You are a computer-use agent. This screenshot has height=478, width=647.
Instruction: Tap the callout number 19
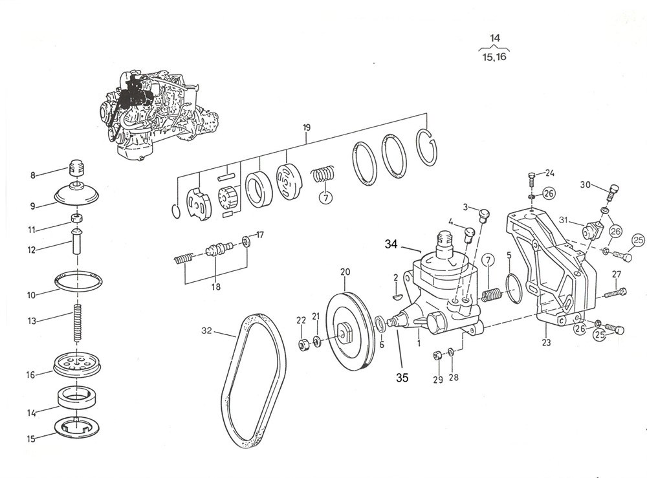306,127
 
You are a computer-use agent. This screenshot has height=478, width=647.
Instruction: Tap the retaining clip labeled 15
76,426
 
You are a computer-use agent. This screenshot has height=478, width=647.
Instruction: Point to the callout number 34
391,244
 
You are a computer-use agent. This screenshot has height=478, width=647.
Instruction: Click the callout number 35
402,377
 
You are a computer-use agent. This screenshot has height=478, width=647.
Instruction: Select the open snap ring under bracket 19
427,147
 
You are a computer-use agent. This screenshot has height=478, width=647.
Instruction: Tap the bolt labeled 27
615,293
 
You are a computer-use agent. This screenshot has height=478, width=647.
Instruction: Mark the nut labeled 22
304,343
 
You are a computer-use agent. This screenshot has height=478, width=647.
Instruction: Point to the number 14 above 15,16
495,38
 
